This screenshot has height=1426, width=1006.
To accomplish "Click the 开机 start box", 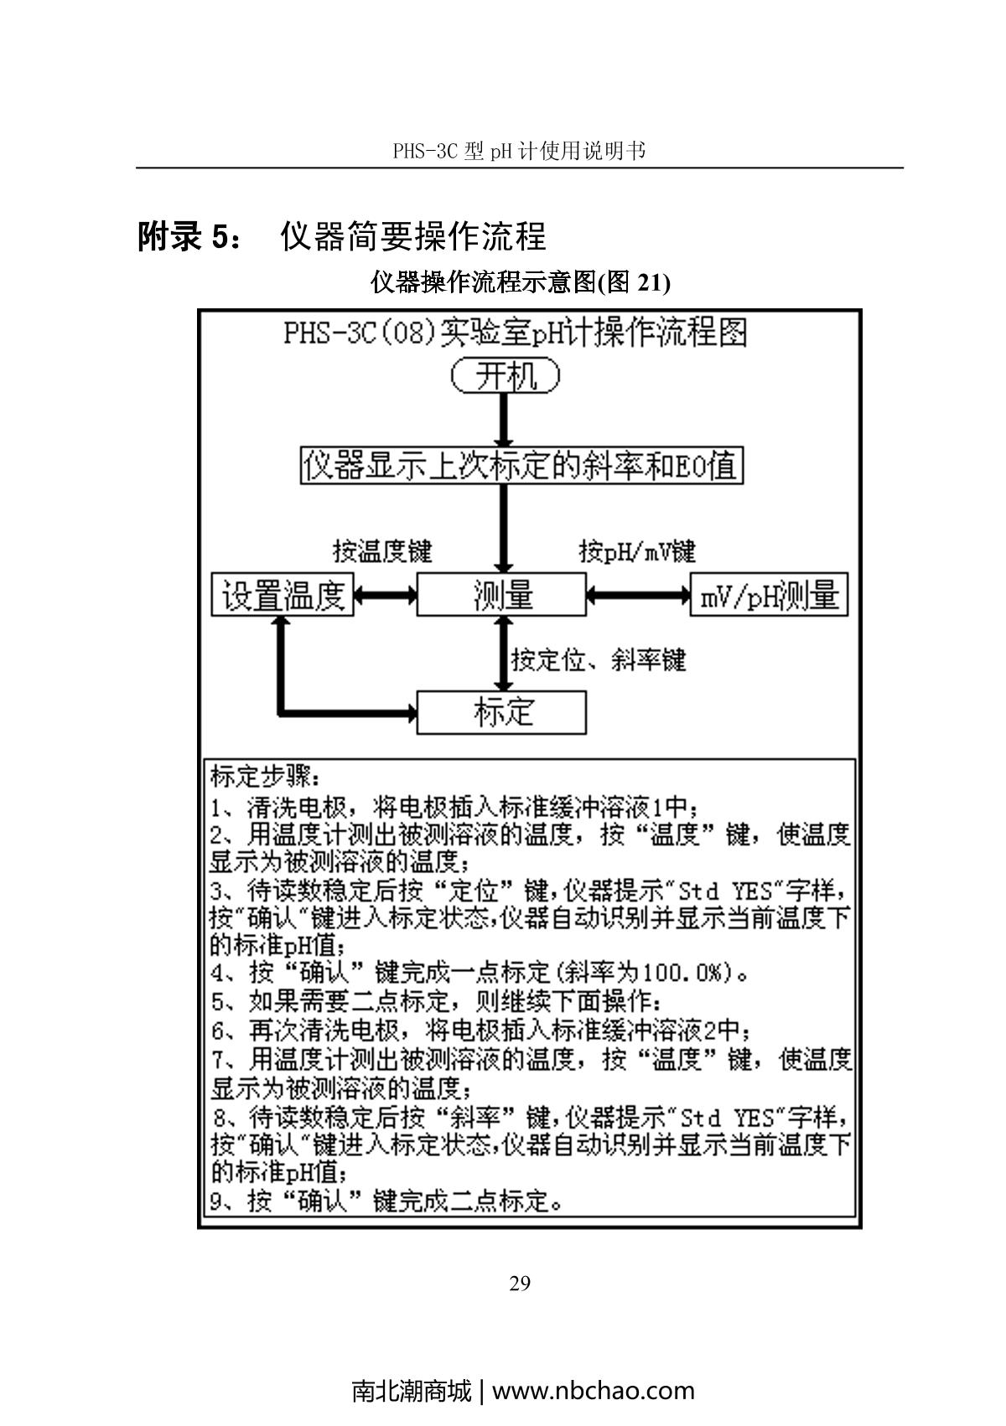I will pyautogui.click(x=506, y=375).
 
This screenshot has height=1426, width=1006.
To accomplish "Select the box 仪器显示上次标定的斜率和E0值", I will pyautogui.click(x=521, y=466).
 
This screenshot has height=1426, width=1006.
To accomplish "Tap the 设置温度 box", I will pyautogui.click(x=283, y=596).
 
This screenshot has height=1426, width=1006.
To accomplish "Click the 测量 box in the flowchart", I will pyautogui.click(x=501, y=596).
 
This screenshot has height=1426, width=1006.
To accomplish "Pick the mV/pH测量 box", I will pyautogui.click(x=769, y=596).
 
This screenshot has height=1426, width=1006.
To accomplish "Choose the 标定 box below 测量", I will pyautogui.click(x=501, y=712).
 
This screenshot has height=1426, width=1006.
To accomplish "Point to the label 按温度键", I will pyautogui.click(x=382, y=551).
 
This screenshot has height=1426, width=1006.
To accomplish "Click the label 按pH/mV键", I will pyautogui.click(x=638, y=551).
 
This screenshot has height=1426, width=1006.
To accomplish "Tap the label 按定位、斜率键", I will pyautogui.click(x=599, y=660).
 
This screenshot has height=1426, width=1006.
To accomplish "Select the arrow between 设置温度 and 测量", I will pyautogui.click(x=386, y=596).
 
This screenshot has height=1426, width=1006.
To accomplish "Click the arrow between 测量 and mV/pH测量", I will pyautogui.click(x=638, y=596).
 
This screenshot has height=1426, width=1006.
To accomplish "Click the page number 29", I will pyautogui.click(x=520, y=1284).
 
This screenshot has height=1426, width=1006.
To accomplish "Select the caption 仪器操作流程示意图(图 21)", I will pyautogui.click(x=521, y=283).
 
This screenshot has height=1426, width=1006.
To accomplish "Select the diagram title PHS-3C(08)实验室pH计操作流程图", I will pyautogui.click(x=516, y=333).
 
